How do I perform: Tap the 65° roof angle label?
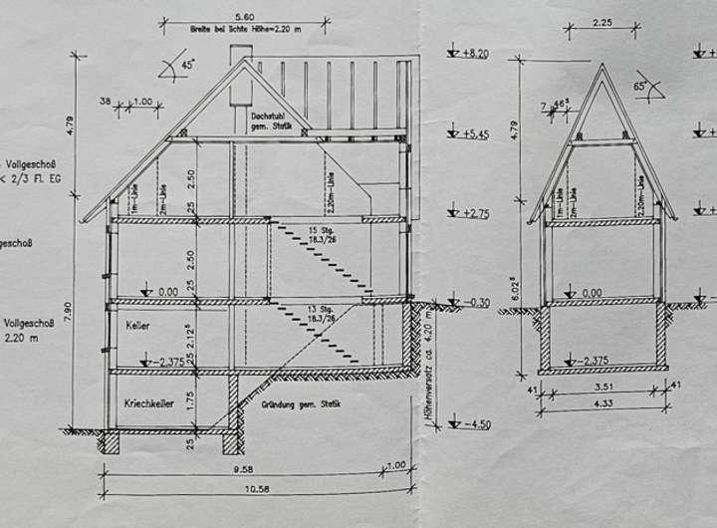(643, 88)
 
